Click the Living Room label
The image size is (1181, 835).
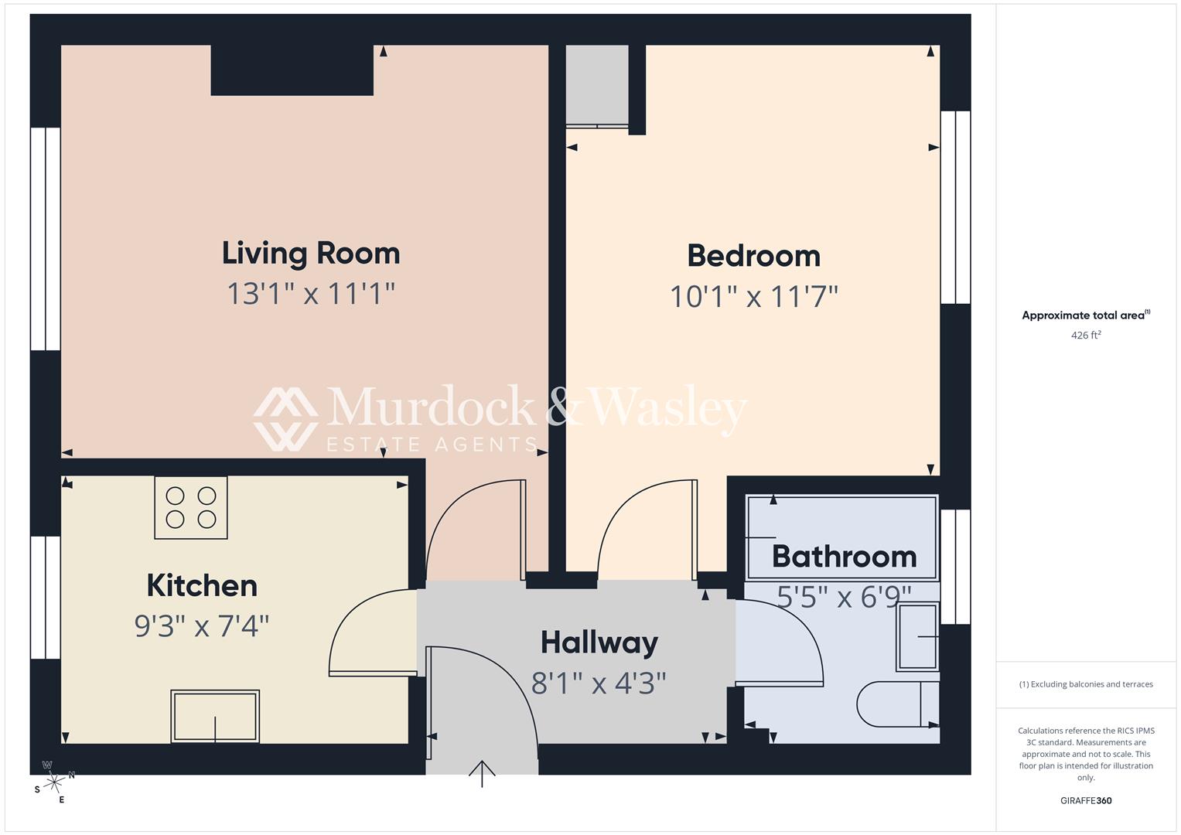[311, 254]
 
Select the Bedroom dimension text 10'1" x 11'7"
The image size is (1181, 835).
[753, 297]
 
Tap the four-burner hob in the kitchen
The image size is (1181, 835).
[191, 507]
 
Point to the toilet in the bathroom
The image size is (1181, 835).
[897, 704]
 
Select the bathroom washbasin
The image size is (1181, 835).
[918, 636]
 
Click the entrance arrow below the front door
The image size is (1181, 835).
[482, 772]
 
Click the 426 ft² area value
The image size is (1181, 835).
[1085, 336]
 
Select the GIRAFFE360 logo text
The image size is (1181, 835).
[1085, 800]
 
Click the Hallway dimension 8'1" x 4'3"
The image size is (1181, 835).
[599, 683]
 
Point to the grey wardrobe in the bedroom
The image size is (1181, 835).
[597, 85]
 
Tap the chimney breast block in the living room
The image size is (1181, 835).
[292, 70]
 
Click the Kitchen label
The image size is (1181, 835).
[202, 586]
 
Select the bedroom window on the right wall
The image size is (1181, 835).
[955, 207]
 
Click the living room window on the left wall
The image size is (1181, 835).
[46, 239]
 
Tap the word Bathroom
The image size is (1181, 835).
[844, 557]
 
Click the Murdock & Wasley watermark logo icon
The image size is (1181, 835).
[285, 418]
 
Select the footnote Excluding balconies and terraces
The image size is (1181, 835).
[1085, 684]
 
